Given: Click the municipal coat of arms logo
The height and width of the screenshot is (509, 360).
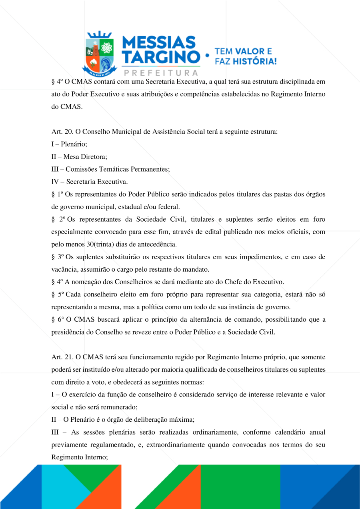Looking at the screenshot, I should coord(99,53).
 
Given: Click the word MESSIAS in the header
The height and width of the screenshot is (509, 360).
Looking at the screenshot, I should coord(159,42).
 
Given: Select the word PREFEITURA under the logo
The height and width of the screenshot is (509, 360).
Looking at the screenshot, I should coord(161,73).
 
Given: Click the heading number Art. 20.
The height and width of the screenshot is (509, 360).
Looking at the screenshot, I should coord(61,132).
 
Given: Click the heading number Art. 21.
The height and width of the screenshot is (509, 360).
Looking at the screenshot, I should coord(61,357).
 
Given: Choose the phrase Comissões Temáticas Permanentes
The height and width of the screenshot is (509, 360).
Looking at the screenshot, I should coord(118,169).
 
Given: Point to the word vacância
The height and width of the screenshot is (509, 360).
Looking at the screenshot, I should coord(64,269).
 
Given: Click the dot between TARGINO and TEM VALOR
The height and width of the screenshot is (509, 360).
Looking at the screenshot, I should coord(207,56).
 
